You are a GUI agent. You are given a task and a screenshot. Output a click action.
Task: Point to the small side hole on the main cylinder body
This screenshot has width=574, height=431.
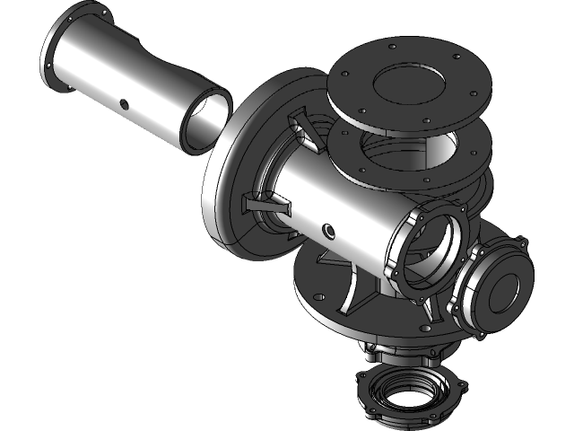tap(331, 231)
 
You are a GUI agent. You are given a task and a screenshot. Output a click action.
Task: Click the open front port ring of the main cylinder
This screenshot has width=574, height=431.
tap(428, 251)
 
